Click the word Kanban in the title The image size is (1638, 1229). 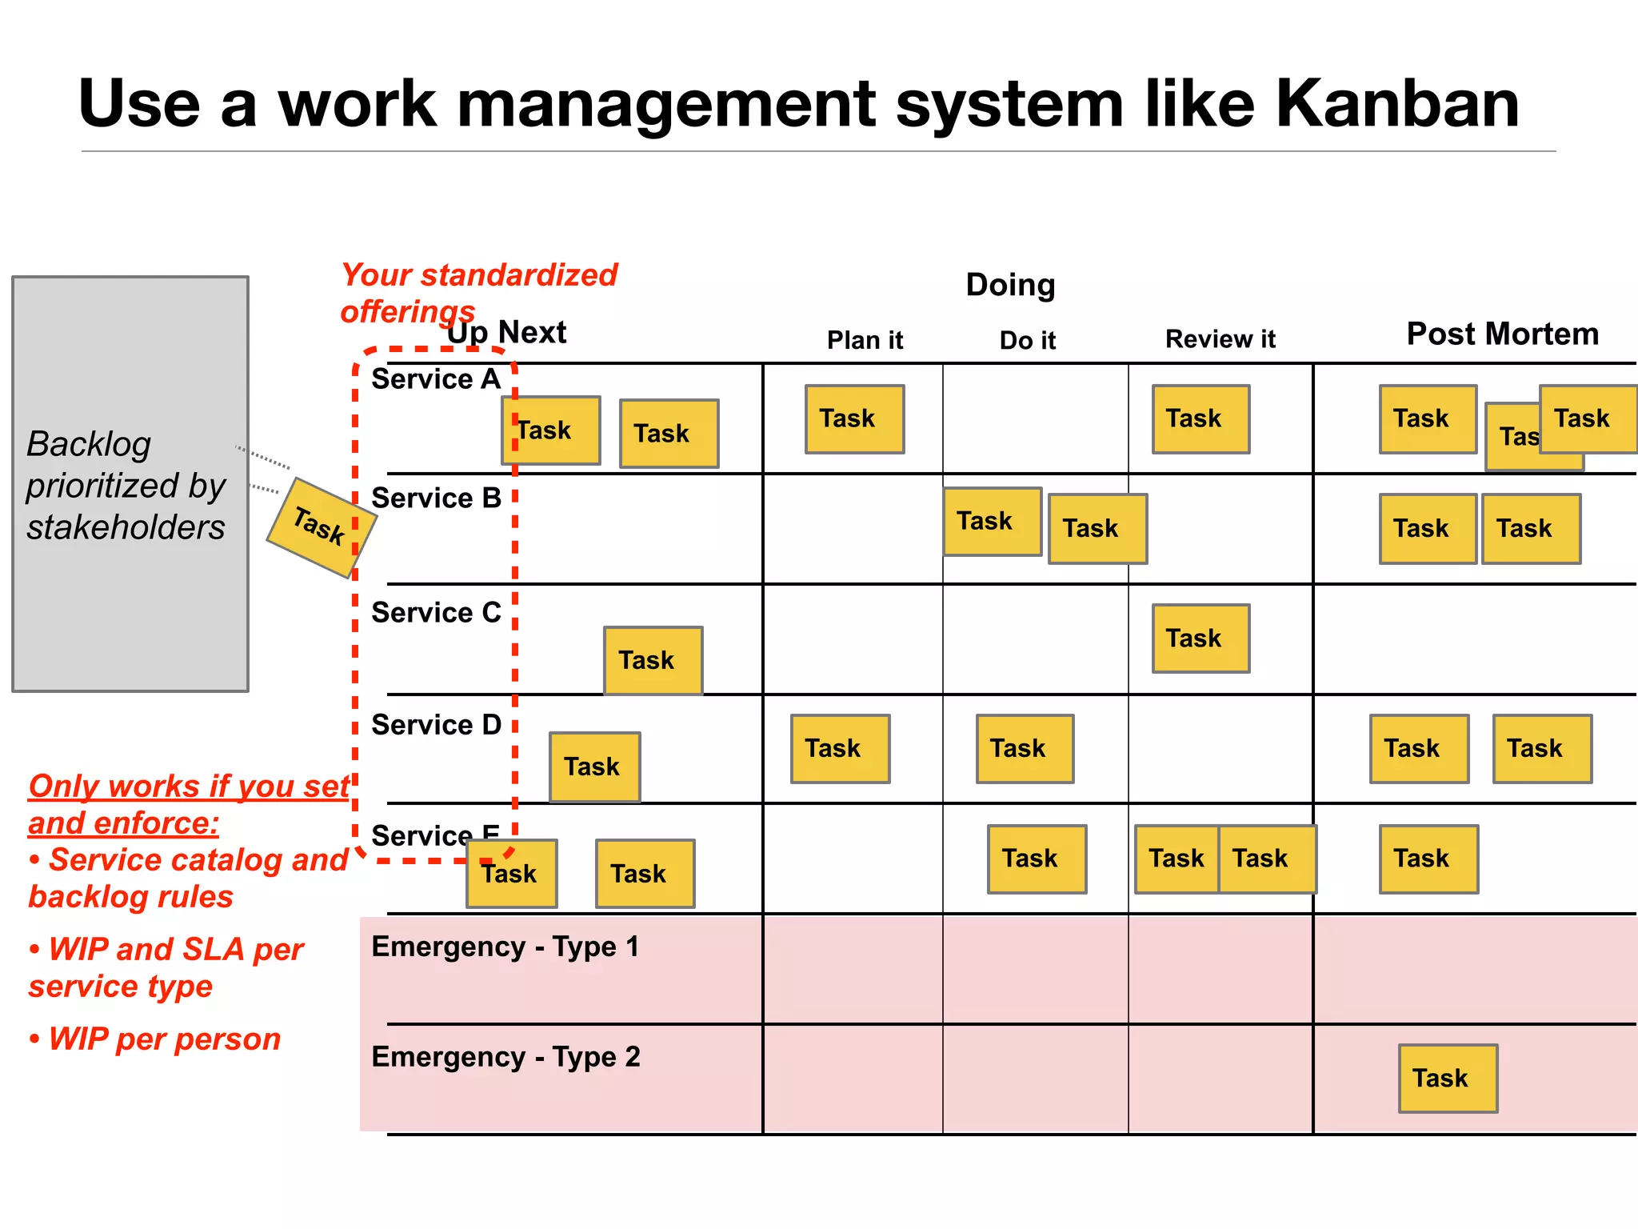pos(1396,104)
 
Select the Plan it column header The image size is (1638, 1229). pos(865,340)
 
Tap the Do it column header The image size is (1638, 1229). pos(1027,340)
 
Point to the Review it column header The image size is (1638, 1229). pos(1220,339)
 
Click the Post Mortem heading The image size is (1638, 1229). pos(1502,334)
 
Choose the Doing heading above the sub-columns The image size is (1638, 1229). pos(1010,285)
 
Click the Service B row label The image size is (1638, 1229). pos(436,498)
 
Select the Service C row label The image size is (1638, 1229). pos(436,612)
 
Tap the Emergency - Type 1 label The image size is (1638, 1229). pos(505,947)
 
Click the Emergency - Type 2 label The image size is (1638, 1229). pos(505,1057)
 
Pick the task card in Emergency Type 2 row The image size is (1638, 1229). pos(1448,1078)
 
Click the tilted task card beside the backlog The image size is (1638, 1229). pos(320,526)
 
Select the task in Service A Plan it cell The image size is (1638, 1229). pos(854,419)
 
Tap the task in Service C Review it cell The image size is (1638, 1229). pos(1201,639)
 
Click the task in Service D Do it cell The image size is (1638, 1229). pos(1025,749)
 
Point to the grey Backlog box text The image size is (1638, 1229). pos(126,485)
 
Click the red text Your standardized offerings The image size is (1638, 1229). pos(478,292)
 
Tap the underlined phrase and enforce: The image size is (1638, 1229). pos(123,823)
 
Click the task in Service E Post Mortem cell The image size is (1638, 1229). pos(1428,859)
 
